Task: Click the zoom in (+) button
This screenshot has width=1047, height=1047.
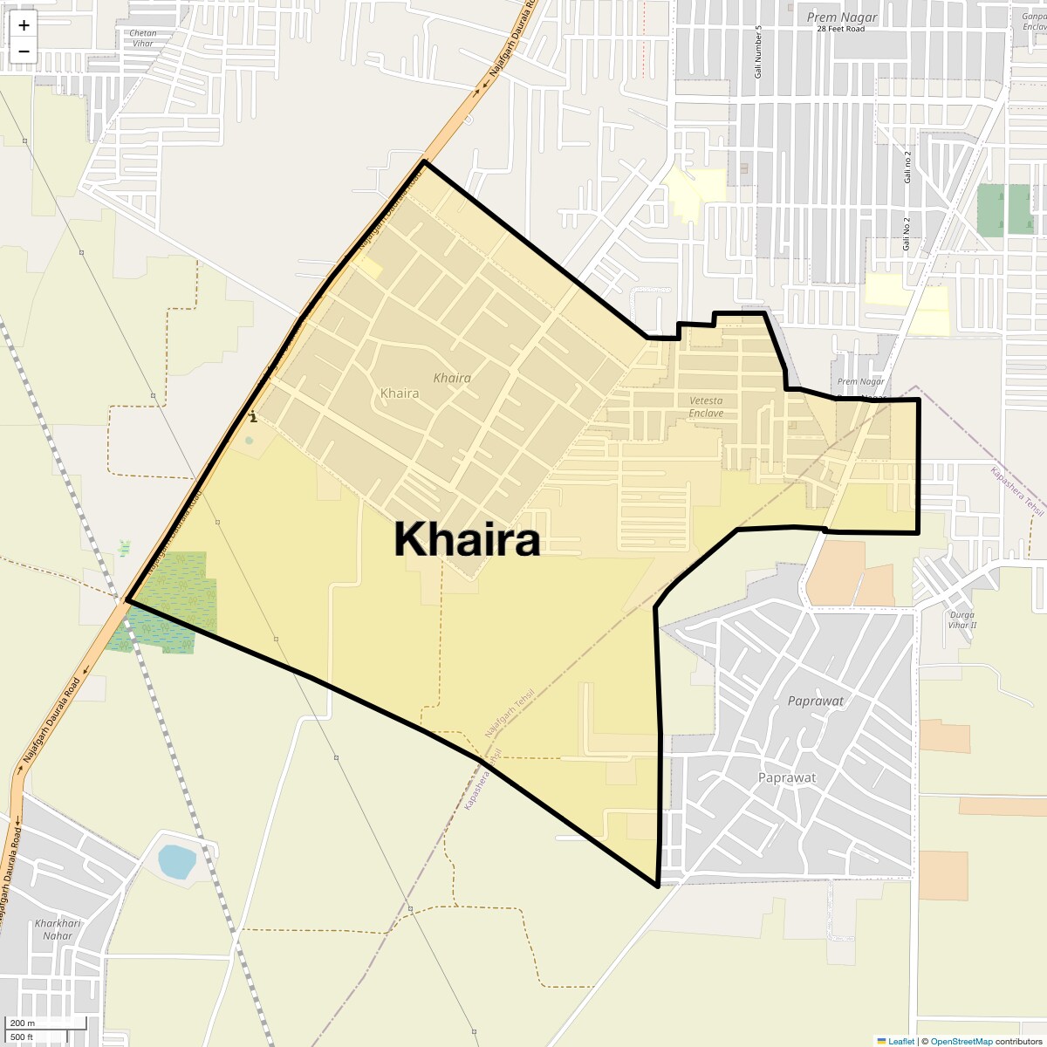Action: tap(24, 25)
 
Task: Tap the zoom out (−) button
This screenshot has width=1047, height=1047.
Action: tap(24, 51)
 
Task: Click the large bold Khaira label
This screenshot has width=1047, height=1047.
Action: tap(467, 539)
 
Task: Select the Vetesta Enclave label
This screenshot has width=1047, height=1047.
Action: tap(706, 407)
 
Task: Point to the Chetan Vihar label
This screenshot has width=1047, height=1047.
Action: tap(142, 38)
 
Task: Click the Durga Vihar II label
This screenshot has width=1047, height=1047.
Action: tap(961, 619)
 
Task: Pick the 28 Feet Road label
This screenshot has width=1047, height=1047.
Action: tap(841, 29)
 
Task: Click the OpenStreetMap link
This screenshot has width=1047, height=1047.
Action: tap(961, 1041)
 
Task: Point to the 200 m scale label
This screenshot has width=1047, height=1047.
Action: tap(23, 1023)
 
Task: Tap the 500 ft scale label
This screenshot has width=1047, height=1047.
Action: tap(22, 1037)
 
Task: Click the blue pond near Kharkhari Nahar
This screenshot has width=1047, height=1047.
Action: tap(176, 861)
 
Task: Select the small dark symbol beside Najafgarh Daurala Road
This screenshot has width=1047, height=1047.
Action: tap(252, 417)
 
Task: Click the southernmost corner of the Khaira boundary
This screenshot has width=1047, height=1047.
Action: tap(657, 886)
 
